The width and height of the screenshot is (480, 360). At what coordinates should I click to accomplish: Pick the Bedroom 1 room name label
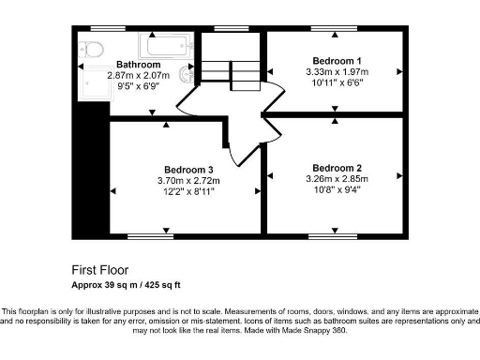(x=336, y=59)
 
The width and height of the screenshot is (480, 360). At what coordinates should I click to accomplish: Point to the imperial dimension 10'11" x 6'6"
(x=336, y=82)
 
